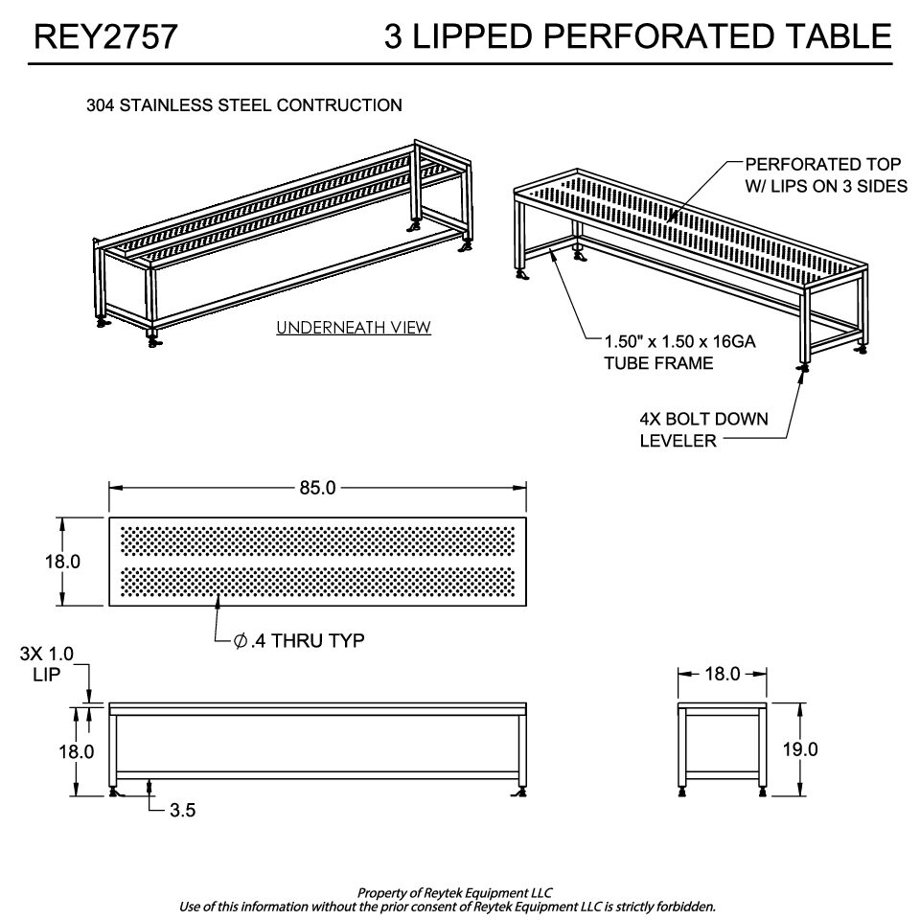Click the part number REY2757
coord(105,36)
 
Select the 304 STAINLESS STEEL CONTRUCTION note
coord(244,105)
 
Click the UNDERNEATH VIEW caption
coord(354,328)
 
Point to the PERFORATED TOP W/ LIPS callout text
coord(826,174)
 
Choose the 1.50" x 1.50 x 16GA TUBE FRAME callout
coord(680,352)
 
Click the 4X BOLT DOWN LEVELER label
coord(703,429)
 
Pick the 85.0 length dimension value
coord(317,488)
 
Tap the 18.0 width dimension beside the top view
coord(63,562)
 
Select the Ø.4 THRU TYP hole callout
coord(299,640)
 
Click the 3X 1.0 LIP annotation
coord(47,664)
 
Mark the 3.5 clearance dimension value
coord(182,811)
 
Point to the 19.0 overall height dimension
coord(800,749)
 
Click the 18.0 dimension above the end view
coord(723,674)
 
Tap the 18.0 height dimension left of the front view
coord(77,751)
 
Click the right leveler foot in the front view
coord(519,793)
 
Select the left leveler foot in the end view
coord(682,793)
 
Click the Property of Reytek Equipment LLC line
coord(454,893)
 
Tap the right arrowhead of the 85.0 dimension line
coord(519,488)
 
